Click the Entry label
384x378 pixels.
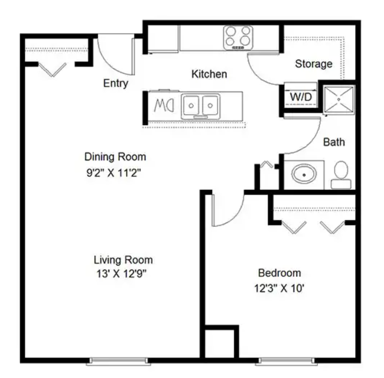[x=116, y=84]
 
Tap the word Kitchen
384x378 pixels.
[x=209, y=74]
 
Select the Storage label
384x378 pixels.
[x=314, y=64]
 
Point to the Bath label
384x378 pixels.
[x=333, y=142]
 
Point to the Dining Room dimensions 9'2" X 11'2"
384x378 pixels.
[x=115, y=172]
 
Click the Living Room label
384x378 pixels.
[x=123, y=260]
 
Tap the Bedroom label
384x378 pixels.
[x=279, y=272]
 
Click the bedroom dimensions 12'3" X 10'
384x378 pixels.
[x=279, y=289]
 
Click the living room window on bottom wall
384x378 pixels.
[x=120, y=360]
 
